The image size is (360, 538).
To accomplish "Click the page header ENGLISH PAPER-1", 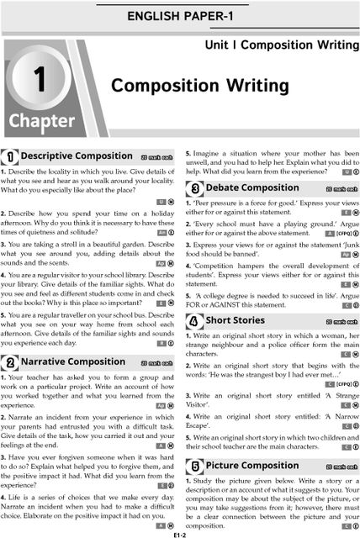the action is coord(180,16).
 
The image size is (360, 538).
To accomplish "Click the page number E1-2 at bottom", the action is coord(180,533).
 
